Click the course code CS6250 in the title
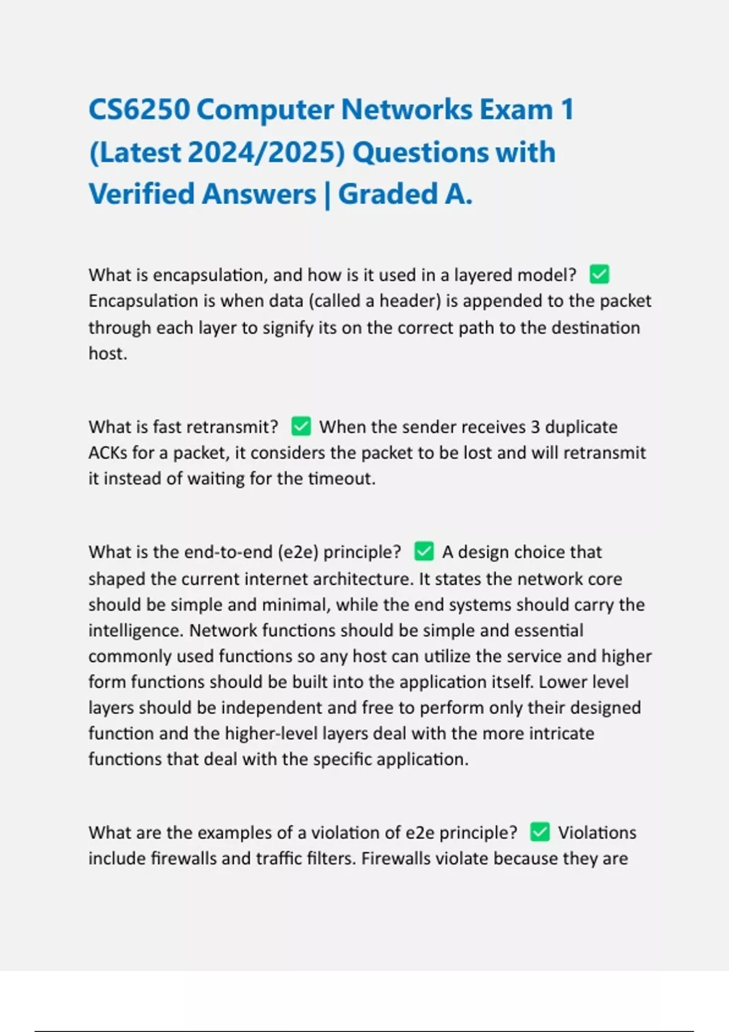click(139, 110)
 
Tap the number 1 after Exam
click(567, 110)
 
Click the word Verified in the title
click(141, 194)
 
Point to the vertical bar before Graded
click(327, 195)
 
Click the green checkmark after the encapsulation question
click(600, 274)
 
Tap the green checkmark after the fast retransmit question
click(301, 426)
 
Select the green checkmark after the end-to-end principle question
click(424, 551)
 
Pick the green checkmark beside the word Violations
click(540, 832)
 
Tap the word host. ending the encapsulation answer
click(108, 353)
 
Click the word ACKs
click(108, 453)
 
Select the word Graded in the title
click(388, 194)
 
